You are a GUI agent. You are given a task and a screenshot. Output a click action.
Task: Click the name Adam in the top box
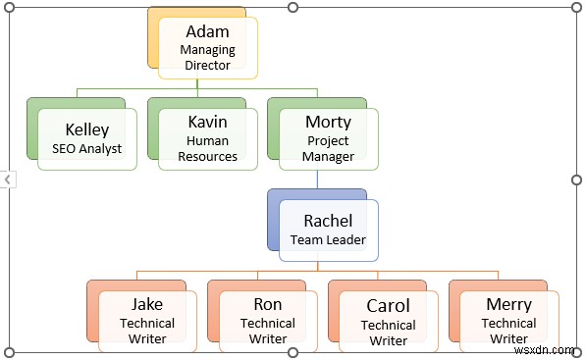(207, 32)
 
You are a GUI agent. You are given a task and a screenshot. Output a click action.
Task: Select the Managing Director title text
(207, 57)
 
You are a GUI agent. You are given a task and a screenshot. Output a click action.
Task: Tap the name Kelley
(87, 129)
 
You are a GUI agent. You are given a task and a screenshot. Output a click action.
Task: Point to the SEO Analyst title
(87, 149)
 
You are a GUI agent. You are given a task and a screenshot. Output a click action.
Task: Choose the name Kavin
(207, 123)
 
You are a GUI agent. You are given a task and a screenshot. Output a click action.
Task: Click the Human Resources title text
(207, 148)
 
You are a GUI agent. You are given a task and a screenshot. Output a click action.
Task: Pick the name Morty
(328, 123)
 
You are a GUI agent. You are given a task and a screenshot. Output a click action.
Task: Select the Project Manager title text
(328, 148)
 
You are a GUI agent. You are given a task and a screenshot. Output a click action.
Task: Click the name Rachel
(328, 220)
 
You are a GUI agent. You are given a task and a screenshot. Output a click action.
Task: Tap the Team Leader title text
(328, 239)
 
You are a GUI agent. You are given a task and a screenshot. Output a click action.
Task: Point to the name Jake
(147, 304)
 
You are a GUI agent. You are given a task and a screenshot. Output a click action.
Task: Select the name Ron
(268, 304)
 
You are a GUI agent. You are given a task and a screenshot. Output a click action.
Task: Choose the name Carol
(389, 306)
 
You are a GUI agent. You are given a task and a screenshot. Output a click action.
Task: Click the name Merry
(509, 304)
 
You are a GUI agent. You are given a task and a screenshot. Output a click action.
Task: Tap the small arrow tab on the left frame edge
(7, 180)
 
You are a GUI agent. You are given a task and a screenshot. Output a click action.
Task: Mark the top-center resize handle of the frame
(293, 8)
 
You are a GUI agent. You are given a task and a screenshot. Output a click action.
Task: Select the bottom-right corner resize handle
(576, 351)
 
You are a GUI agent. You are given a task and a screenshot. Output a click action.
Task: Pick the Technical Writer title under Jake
(147, 331)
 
